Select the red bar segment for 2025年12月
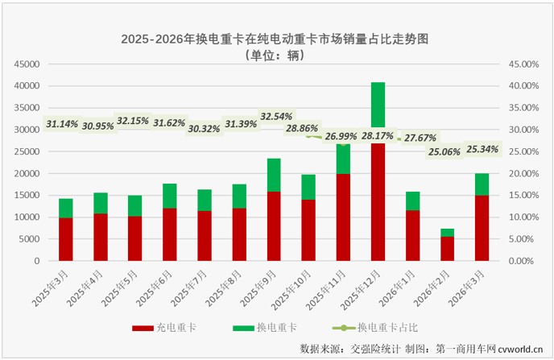378,201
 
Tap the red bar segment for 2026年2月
447,248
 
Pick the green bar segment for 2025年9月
274,175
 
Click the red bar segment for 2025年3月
66,239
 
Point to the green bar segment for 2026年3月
482,184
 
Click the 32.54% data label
275,116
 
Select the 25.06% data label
444,151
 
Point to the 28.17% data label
377,135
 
